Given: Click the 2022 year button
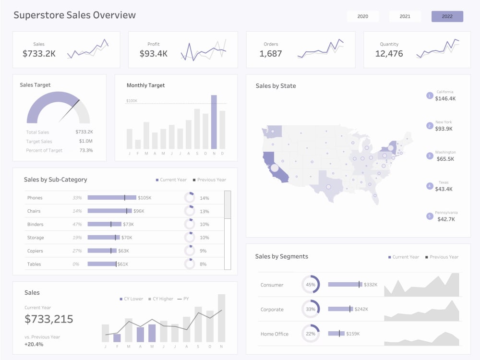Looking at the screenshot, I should [x=447, y=16].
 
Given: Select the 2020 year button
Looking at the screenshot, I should [x=363, y=16].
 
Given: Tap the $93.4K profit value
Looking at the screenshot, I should [x=154, y=54].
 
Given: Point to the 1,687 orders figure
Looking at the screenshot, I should [x=271, y=54].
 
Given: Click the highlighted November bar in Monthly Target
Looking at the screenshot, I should [x=214, y=122].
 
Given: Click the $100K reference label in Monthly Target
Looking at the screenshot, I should [x=132, y=101].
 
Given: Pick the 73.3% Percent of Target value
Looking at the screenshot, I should [x=86, y=150].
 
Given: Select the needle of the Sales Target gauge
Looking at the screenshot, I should [x=70, y=111].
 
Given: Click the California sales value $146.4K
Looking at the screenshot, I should [x=445, y=98].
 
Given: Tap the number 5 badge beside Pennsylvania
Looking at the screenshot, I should [x=430, y=216].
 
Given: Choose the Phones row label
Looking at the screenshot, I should [x=35, y=198].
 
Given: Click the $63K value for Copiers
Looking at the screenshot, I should [x=124, y=251].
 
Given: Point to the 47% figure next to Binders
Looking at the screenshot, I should [x=77, y=224].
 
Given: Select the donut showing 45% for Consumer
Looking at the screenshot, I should [x=311, y=285].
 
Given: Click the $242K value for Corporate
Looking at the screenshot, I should [x=361, y=310].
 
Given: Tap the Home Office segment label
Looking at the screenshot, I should [x=275, y=334].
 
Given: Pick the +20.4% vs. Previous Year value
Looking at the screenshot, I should [x=34, y=344].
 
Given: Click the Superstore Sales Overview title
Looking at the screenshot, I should [x=74, y=15].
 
